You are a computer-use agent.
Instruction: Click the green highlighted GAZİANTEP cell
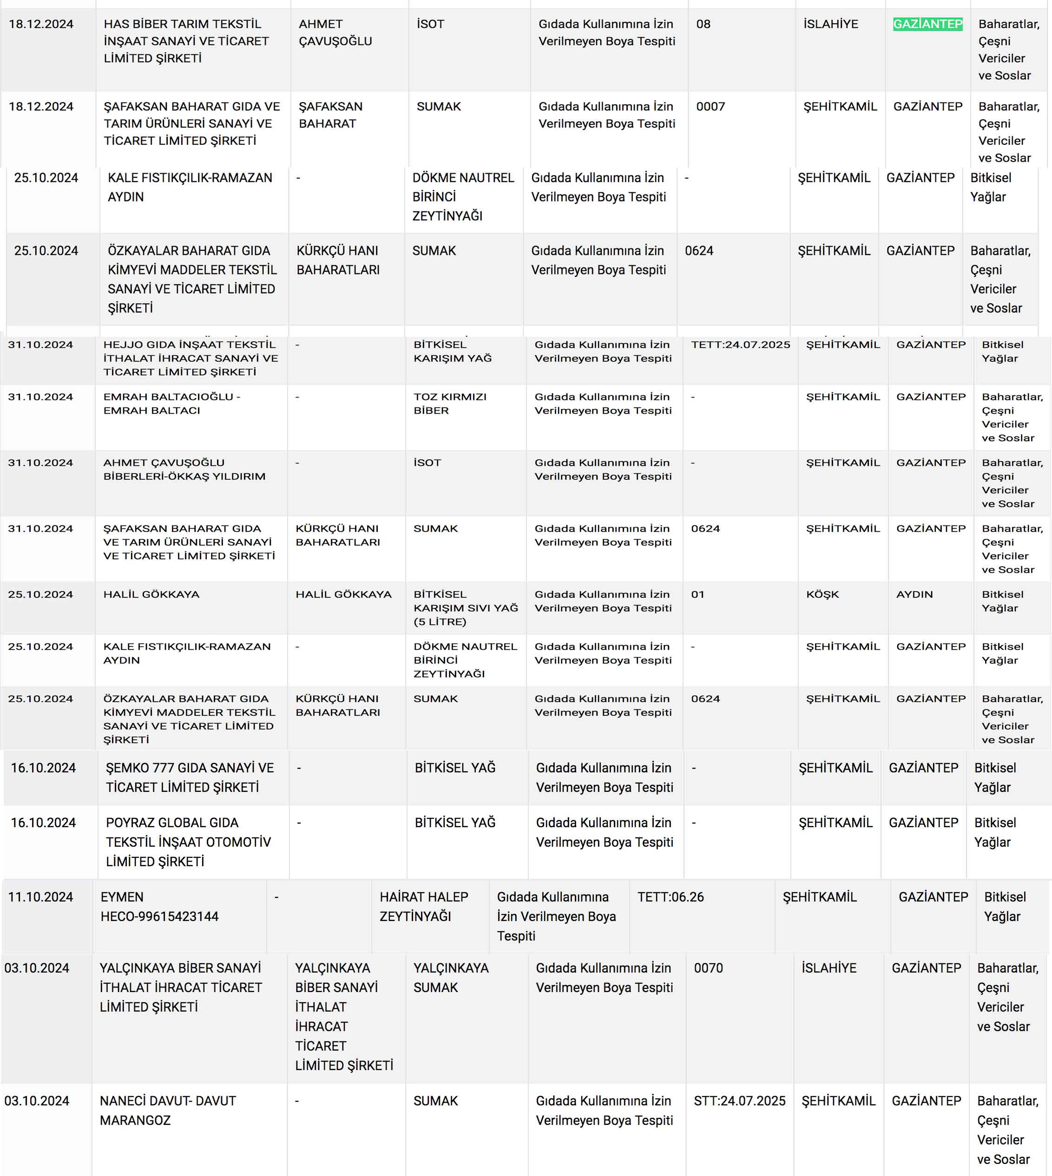tap(928, 24)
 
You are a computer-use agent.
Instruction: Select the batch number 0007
tap(710, 107)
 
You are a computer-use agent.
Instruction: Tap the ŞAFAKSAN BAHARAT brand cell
tap(331, 115)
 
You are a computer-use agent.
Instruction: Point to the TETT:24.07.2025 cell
tap(741, 345)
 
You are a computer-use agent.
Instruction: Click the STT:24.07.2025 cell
tap(739, 1101)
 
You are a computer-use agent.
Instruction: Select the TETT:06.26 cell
tap(671, 897)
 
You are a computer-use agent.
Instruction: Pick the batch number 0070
tap(708, 968)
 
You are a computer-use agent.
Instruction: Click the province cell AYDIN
tap(914, 595)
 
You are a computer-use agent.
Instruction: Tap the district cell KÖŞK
tap(822, 595)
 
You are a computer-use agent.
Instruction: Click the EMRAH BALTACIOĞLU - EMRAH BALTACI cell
tap(171, 404)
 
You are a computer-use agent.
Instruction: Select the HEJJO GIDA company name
tap(190, 358)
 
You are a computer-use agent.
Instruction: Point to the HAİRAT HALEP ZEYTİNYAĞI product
tap(424, 906)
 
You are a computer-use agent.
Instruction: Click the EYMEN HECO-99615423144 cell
tap(159, 906)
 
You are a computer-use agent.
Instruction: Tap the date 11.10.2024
tap(40, 897)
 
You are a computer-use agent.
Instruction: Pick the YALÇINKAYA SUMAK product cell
tap(451, 977)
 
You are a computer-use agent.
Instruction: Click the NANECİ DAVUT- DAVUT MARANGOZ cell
tap(168, 1110)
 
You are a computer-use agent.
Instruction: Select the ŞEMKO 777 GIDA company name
tap(190, 777)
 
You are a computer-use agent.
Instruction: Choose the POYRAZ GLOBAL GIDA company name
tap(188, 842)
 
